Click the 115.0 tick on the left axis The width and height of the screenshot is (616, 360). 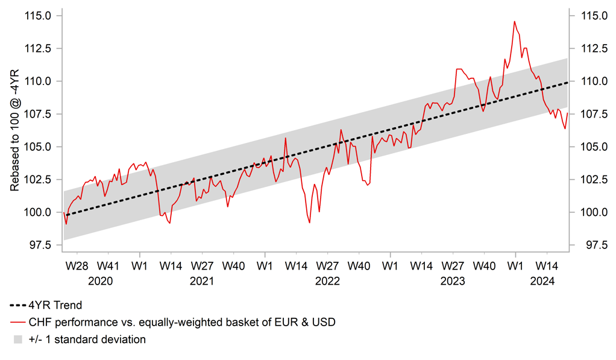38,15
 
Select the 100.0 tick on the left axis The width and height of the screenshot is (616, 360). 38,212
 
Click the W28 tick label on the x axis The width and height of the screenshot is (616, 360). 77,265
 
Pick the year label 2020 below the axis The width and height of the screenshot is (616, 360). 100,281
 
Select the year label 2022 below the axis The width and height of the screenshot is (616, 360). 327,281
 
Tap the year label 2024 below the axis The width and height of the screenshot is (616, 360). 542,281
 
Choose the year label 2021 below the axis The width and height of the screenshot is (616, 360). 202,281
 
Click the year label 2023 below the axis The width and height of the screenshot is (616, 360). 453,281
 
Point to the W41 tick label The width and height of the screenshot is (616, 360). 108,265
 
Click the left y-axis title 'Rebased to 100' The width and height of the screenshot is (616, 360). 14,130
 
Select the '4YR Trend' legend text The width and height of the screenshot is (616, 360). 55,306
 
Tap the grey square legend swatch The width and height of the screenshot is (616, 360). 18,340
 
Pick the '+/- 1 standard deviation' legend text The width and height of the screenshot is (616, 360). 87,339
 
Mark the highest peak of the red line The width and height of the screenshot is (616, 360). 514,21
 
